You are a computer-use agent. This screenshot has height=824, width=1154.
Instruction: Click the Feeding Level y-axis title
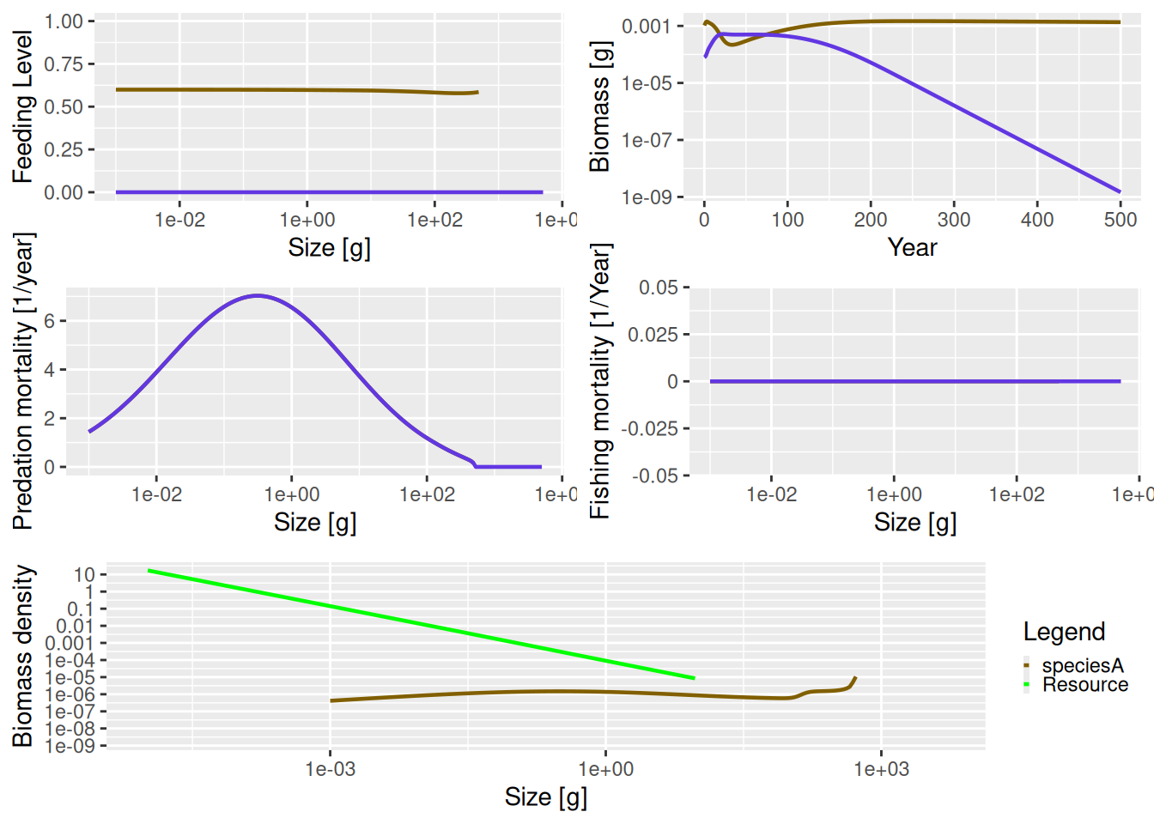[22, 106]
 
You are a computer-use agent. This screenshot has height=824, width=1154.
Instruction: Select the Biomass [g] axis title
[599, 106]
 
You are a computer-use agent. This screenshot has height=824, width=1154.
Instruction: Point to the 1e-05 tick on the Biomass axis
[647, 83]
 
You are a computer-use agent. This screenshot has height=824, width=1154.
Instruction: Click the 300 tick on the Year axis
[954, 220]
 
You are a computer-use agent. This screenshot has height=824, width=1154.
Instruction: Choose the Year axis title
[912, 247]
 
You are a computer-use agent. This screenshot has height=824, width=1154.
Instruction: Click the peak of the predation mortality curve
[258, 295]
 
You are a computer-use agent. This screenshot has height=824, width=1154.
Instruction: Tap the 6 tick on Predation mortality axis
[50, 321]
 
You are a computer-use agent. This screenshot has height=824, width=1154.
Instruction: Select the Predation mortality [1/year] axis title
[22, 381]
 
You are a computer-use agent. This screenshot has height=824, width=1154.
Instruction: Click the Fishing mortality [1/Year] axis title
[599, 381]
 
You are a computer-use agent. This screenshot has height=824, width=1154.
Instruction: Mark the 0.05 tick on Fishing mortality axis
[658, 288]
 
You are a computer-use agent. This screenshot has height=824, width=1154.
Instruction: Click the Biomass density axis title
[22, 656]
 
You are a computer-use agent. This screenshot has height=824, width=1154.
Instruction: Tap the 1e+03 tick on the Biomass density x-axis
[881, 769]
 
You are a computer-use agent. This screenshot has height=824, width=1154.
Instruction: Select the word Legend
[1064, 632]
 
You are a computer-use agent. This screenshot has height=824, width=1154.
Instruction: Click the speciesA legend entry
[1082, 665]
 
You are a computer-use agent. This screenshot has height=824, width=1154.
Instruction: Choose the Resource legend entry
[1084, 685]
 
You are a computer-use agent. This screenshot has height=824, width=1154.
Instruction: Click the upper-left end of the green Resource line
[149, 570]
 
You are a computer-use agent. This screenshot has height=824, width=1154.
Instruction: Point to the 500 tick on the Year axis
[1120, 220]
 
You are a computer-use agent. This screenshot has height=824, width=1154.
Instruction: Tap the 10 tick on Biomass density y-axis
[84, 574]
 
